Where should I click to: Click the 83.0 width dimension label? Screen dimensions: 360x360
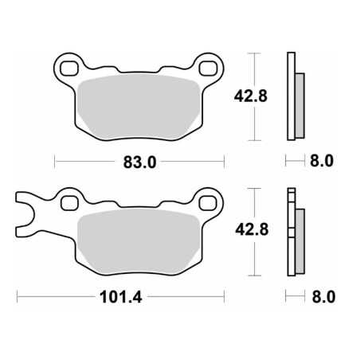[x=139, y=162]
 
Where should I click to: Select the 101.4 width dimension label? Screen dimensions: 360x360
[x=121, y=297]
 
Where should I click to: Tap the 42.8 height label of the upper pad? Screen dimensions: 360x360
[x=251, y=96]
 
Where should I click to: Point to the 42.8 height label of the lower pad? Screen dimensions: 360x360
[x=252, y=229]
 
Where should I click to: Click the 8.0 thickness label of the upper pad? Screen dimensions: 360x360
[x=322, y=161]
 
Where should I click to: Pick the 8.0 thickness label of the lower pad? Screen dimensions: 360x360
[x=323, y=296]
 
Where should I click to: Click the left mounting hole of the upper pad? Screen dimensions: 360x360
[x=69, y=68]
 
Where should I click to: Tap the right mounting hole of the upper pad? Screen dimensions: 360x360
[x=209, y=68]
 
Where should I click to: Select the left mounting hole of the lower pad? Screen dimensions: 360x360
[x=69, y=203]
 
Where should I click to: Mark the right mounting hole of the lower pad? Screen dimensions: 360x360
[x=208, y=203]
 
